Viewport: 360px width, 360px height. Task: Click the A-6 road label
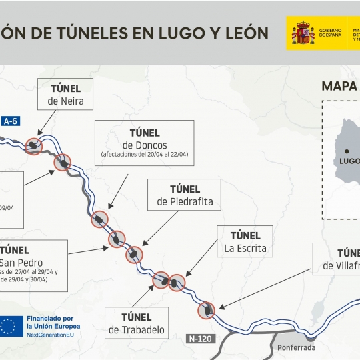[x=11, y=121]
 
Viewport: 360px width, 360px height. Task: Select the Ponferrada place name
[x=297, y=347]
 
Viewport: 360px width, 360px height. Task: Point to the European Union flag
[x=10, y=325]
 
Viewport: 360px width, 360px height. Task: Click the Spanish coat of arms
[x=303, y=33]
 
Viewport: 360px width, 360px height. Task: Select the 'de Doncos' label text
[x=145, y=145]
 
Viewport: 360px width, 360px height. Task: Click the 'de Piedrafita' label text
[x=185, y=201]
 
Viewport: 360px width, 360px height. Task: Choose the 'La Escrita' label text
[x=245, y=248]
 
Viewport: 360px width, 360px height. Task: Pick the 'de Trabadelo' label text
[x=136, y=329]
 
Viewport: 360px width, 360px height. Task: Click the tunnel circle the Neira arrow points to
[x=33, y=145]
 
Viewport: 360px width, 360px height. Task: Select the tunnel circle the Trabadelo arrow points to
[x=161, y=281]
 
